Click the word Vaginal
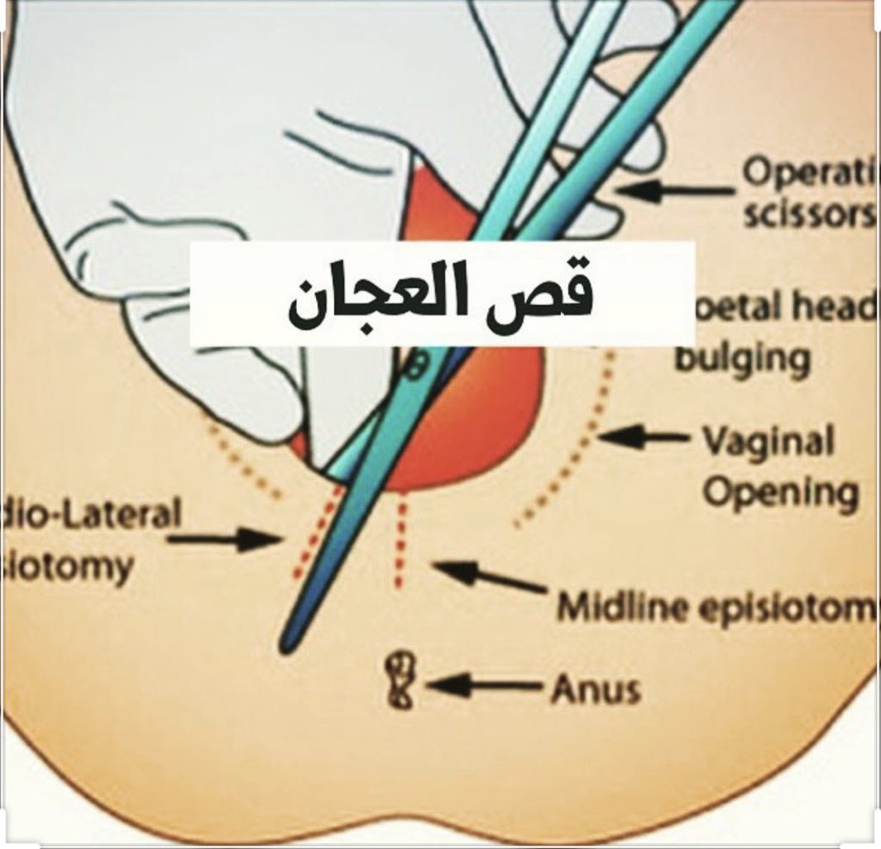(x=768, y=443)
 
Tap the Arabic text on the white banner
(x=441, y=295)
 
